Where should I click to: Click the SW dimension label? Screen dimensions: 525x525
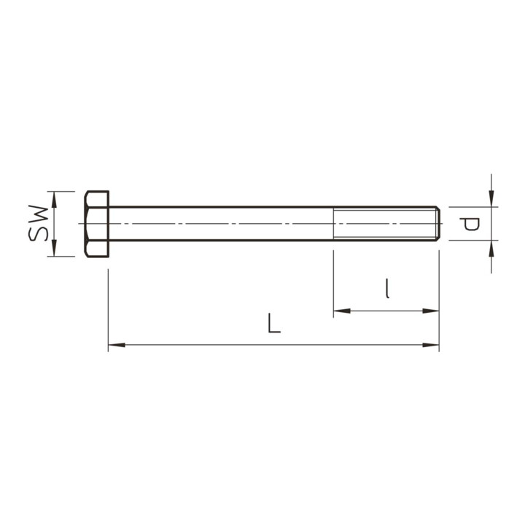[x=39, y=223]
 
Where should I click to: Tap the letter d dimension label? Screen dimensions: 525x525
[x=470, y=224]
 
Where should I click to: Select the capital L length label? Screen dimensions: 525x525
[x=274, y=323]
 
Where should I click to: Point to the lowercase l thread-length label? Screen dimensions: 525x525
[x=387, y=288]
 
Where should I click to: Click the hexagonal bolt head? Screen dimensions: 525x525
[x=97, y=224]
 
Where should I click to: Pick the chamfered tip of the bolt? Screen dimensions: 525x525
[x=437, y=224]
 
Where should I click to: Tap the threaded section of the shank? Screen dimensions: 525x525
[x=384, y=224]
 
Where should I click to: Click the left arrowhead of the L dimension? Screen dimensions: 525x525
[x=117, y=345]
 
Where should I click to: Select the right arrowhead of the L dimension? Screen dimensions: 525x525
[x=431, y=345]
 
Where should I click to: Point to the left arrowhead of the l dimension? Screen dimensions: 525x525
[x=342, y=311]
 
